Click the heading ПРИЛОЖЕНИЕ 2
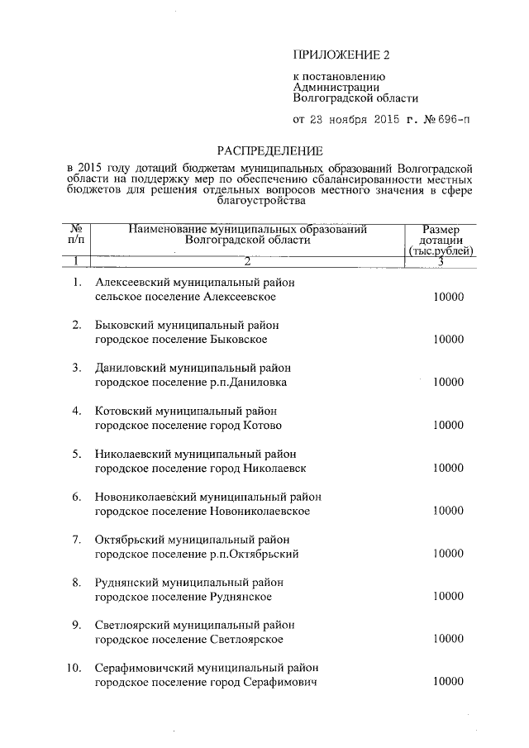click(340, 55)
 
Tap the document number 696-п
click(453, 118)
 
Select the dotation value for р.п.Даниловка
click(448, 383)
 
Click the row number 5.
click(76, 454)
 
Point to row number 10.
click(74, 667)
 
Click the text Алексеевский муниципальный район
click(194, 283)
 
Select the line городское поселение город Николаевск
click(201, 468)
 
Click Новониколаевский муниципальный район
click(207, 497)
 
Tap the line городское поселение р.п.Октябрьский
click(197, 554)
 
